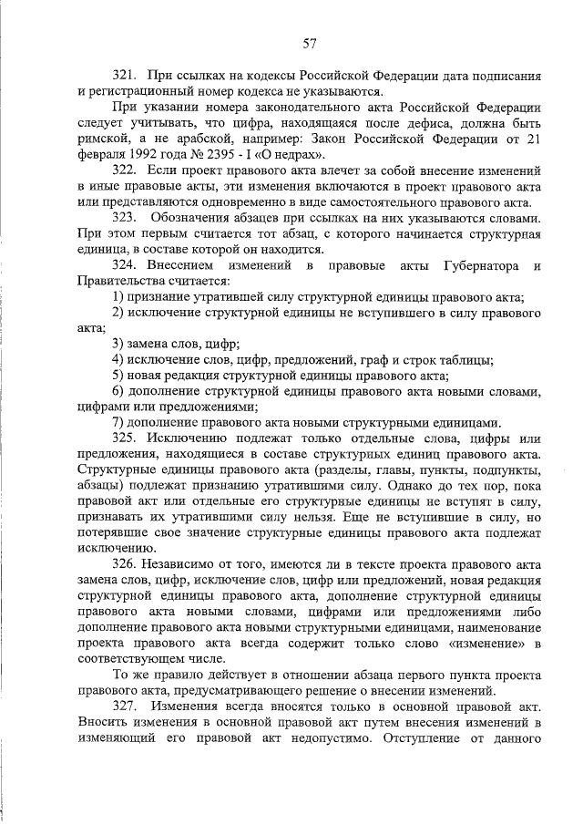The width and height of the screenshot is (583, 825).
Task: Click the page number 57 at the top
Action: [x=310, y=42]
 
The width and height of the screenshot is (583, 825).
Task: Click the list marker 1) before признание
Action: [x=117, y=297]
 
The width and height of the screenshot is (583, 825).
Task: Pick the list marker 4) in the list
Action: [x=117, y=360]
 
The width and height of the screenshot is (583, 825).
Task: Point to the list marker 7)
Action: [x=117, y=423]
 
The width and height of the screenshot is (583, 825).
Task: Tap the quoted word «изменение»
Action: [x=482, y=644]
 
